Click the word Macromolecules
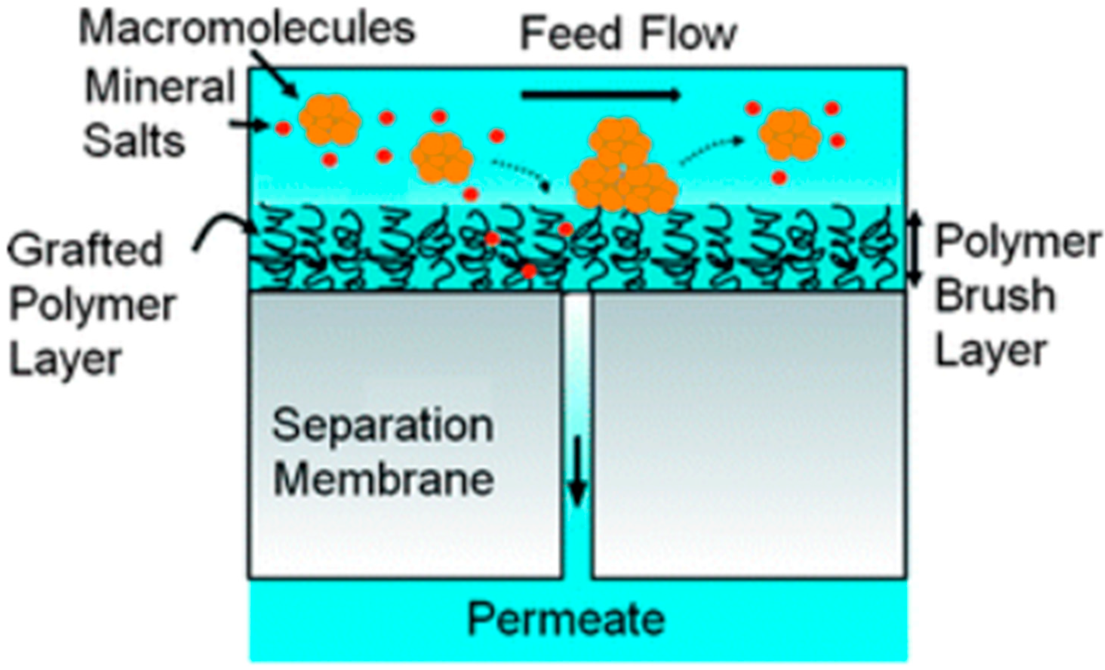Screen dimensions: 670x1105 (247, 29)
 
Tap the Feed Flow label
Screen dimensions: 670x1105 (628, 34)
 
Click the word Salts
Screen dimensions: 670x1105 (134, 141)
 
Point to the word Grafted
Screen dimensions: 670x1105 (85, 249)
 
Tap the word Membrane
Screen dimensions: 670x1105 (383, 480)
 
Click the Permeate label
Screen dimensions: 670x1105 (566, 619)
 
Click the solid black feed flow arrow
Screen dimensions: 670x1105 (601, 95)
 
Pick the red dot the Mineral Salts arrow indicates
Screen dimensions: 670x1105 (283, 129)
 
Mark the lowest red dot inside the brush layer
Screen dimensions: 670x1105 (529, 271)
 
